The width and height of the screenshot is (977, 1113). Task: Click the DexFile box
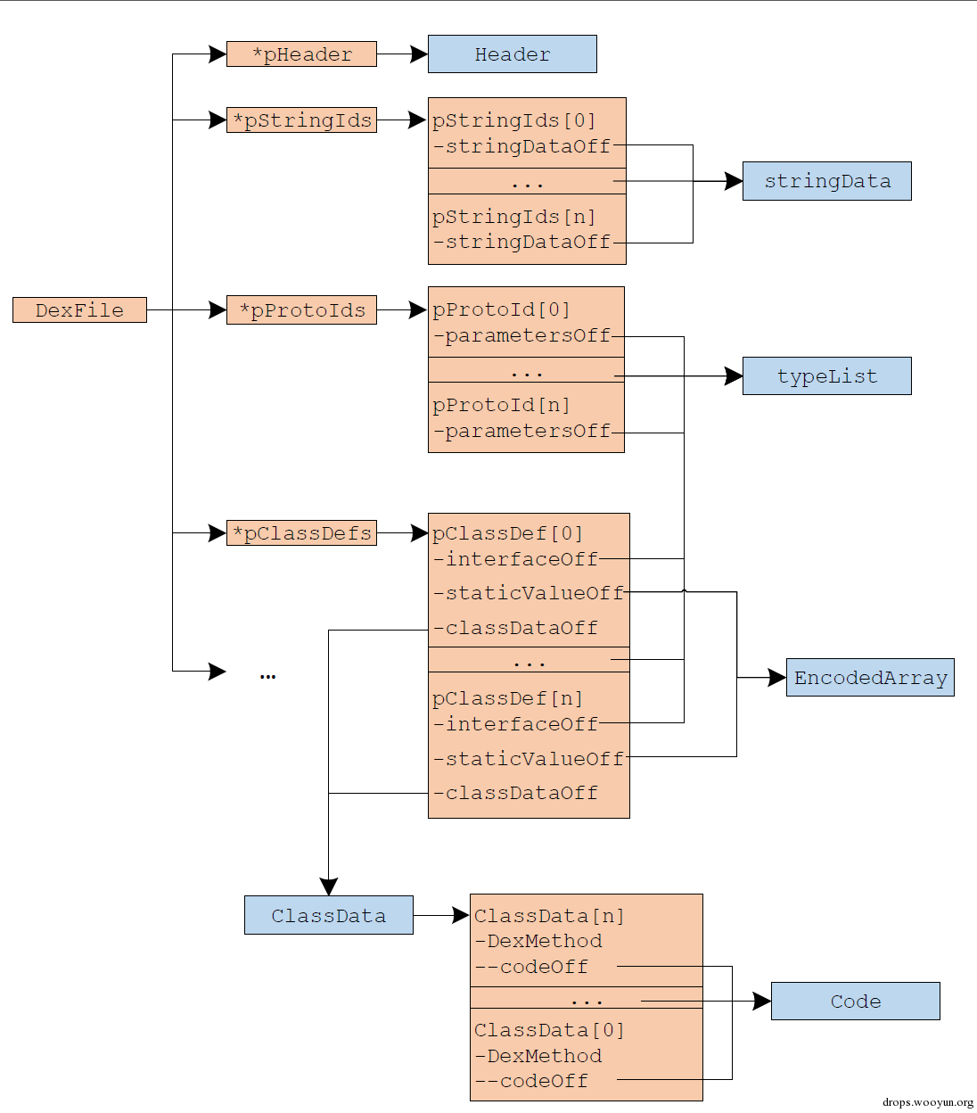coord(79,309)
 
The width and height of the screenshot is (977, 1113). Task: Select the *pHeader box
coord(301,54)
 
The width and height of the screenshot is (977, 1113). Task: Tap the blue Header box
coord(513,54)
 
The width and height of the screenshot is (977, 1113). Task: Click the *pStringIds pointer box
coord(301,120)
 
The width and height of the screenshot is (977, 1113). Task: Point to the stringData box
coord(827,181)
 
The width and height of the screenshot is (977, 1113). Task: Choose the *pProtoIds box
coord(301,310)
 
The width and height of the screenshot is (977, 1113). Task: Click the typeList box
coord(827,375)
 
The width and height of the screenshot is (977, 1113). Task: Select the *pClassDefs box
coord(301,533)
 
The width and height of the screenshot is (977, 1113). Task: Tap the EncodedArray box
coord(870,678)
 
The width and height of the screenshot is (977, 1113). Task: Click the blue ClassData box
coord(328,915)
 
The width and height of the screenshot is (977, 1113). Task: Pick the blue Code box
coord(856,1001)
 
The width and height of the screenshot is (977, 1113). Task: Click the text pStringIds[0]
coord(514,120)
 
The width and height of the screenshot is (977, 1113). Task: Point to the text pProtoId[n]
coord(501,406)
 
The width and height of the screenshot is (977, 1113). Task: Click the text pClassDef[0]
coord(507,533)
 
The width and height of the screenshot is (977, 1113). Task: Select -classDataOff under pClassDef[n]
coord(515,793)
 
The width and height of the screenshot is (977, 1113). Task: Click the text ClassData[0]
coord(549,1030)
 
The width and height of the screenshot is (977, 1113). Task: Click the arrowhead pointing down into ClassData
coord(328,886)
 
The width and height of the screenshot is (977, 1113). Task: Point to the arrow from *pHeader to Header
coord(403,54)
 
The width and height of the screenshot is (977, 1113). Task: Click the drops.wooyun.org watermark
coord(928,1102)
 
